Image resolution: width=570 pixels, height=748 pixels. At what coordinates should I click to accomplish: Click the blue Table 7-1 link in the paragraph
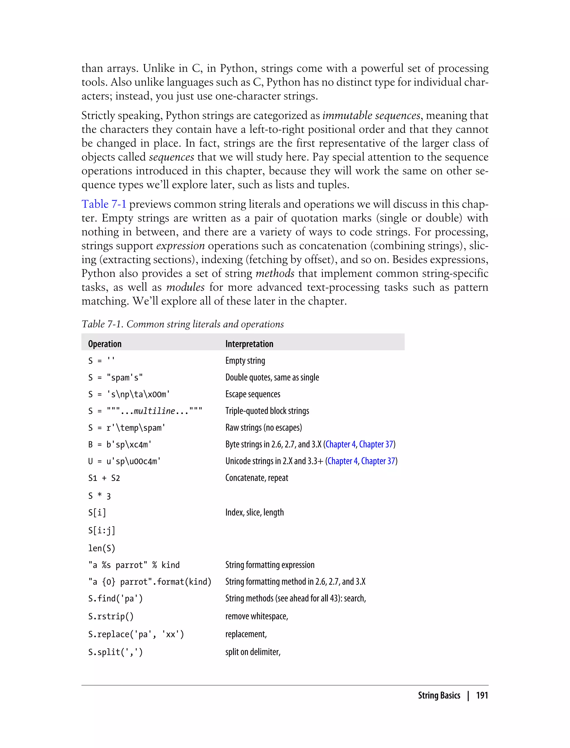(104, 204)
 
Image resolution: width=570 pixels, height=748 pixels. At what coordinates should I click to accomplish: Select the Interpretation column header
(249, 344)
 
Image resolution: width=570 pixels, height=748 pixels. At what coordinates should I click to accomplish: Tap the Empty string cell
(245, 361)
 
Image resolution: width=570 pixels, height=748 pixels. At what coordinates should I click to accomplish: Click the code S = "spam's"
(115, 378)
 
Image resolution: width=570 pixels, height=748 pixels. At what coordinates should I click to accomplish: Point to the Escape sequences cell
(253, 394)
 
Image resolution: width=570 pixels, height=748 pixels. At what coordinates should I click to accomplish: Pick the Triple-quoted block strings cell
(267, 411)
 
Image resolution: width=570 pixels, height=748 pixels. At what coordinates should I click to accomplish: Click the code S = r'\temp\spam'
(127, 428)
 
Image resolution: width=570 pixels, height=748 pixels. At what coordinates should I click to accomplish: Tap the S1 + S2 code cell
(104, 478)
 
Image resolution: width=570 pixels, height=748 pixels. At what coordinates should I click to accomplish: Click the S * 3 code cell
(99, 496)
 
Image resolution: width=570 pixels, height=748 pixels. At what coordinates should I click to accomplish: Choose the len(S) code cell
(102, 548)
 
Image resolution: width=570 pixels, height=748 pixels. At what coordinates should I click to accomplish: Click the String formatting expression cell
(270, 565)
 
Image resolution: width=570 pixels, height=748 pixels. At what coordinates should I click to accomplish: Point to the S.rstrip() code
(111, 616)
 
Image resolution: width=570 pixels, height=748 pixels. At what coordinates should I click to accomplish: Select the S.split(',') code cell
(115, 652)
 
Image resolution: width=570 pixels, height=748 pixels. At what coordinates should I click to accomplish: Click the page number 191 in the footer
(482, 695)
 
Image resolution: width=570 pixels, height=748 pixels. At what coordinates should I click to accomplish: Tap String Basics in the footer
(439, 695)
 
